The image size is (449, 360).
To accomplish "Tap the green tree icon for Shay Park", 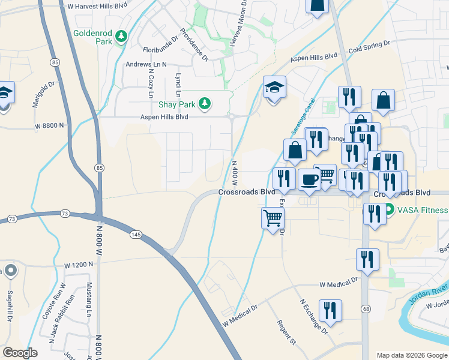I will point(205,104).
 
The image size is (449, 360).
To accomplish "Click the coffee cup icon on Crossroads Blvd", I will point(310,179).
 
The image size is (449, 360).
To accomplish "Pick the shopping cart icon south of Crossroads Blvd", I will point(273,217).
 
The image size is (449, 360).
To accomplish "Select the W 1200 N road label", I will point(79,264).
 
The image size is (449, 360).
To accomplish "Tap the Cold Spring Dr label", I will point(369,47).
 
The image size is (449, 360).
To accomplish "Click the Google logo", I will point(20,353).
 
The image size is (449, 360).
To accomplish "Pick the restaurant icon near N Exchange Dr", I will point(330,310).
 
